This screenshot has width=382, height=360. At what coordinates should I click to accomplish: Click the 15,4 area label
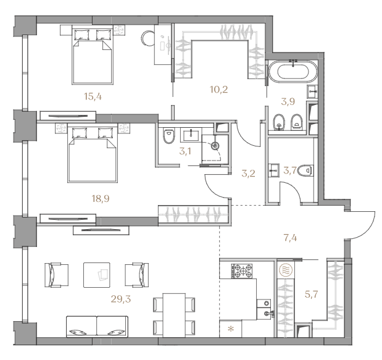tap(93, 97)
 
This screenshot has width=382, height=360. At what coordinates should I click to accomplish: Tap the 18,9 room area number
tap(101, 199)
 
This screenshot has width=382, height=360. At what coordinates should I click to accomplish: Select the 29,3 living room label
tap(121, 299)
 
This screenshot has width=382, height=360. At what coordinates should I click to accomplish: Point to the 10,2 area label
tap(219, 90)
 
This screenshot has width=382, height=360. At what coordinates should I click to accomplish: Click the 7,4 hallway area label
tap(291, 237)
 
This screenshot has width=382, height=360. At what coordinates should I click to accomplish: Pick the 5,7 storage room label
tap(312, 295)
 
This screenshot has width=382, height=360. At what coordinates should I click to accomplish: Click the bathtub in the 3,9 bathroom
tap(293, 70)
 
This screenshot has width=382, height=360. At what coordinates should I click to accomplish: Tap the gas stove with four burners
tap(241, 271)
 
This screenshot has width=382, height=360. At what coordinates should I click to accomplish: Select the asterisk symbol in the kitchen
tap(230, 329)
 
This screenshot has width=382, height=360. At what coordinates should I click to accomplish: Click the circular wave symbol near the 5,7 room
tap(285, 270)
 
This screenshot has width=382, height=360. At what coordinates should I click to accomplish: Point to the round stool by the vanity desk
tap(147, 38)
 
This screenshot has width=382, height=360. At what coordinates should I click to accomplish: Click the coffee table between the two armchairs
tap(97, 275)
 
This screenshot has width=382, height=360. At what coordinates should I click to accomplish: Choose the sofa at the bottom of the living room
tap(98, 327)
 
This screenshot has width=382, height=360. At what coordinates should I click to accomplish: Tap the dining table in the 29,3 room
tap(174, 316)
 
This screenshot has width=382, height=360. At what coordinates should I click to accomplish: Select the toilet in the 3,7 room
tap(305, 170)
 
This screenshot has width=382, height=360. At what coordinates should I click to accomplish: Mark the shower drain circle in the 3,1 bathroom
tap(215, 146)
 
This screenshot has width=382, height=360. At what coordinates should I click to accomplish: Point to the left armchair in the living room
tap(56, 275)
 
